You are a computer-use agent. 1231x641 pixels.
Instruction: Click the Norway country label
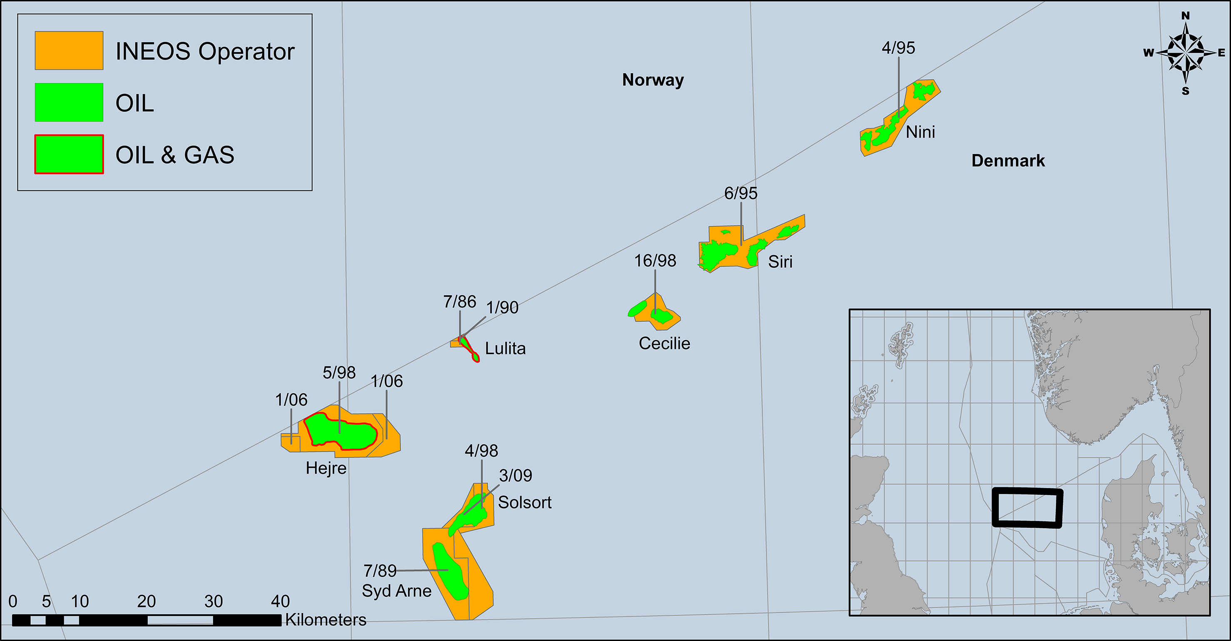pos(653,80)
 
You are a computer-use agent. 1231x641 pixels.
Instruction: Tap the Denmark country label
pos(1008,161)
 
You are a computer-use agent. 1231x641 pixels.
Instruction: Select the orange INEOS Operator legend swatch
pos(69,51)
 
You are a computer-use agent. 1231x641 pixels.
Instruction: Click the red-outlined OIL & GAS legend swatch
pos(69,154)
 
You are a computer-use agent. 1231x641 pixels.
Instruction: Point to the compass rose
pos(1185,52)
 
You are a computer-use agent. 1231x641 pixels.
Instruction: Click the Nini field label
pos(920,132)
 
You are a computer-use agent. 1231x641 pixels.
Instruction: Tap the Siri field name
pos(780,262)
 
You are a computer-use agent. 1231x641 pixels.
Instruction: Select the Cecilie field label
pos(664,343)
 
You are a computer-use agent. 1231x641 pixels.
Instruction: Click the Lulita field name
pos(505,349)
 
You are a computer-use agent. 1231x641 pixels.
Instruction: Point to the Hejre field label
pos(326,468)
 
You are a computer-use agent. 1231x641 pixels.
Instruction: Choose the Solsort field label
pos(525,502)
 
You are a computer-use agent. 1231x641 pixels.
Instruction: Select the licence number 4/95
pos(898,48)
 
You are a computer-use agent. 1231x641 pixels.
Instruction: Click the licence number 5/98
pos(339,372)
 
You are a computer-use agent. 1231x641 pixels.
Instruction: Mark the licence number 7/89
pos(380,570)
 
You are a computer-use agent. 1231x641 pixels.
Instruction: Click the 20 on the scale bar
pos(146,601)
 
